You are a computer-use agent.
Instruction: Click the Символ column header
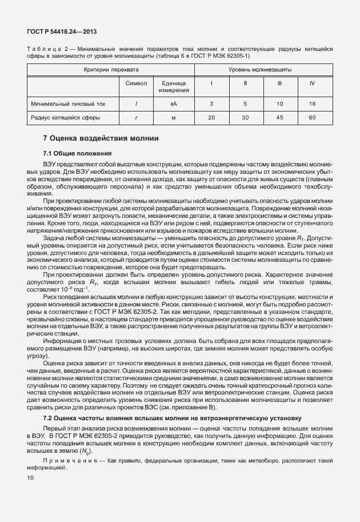click(136, 83)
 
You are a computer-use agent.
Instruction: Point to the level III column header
click(279, 83)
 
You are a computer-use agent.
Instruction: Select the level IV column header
click(312, 83)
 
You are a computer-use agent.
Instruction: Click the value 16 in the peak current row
click(312, 104)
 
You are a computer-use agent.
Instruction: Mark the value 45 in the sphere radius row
click(279, 118)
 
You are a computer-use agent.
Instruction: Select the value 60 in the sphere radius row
click(312, 118)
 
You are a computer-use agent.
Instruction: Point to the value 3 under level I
click(211, 104)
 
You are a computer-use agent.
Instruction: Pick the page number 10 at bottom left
click(30, 477)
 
